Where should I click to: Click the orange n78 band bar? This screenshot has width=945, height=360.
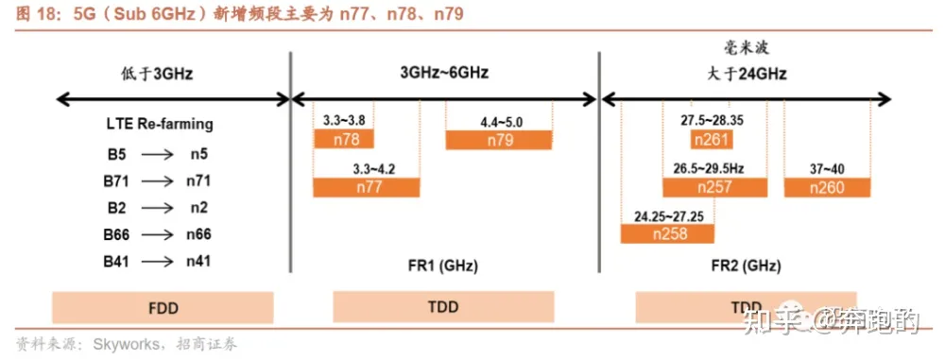[x=344, y=140]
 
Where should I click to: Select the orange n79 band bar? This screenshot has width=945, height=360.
[x=499, y=140]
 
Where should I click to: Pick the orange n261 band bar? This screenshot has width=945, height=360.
[x=711, y=140]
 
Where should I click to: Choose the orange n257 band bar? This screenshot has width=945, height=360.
[x=714, y=187]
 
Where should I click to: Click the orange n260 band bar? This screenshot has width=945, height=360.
[x=826, y=187]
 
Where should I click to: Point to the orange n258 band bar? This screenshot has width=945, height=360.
[x=666, y=232]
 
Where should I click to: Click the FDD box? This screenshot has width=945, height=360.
[x=163, y=308]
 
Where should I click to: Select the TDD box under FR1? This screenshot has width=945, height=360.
[x=443, y=308]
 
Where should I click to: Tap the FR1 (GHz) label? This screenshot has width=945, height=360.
[x=443, y=266]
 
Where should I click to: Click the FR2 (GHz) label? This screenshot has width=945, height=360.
[x=747, y=266]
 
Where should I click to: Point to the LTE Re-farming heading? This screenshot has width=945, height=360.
[x=160, y=124]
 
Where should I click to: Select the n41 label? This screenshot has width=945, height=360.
[x=198, y=261]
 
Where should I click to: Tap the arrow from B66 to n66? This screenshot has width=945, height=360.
[x=158, y=233]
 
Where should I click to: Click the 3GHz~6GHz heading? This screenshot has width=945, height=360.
[x=444, y=72]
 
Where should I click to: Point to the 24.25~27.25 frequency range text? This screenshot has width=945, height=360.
[x=667, y=215]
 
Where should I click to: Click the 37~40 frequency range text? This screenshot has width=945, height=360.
[x=827, y=169]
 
